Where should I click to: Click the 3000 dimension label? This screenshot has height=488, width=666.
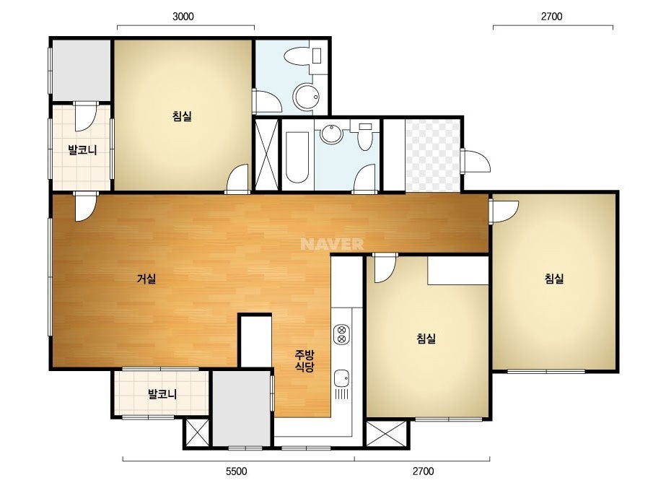click(x=183, y=17)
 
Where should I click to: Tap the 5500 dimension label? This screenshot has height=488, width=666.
click(x=236, y=471)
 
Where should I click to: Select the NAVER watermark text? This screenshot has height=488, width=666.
click(x=332, y=244)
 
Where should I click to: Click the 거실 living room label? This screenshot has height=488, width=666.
click(x=146, y=279)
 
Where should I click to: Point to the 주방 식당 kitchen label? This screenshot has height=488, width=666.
click(x=304, y=360)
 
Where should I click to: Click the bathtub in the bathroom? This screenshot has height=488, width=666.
click(x=297, y=157)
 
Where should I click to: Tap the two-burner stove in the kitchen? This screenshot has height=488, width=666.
click(x=341, y=334)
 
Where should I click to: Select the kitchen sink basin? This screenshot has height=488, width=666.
click(x=341, y=378)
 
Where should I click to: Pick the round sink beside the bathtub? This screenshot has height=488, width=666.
click(x=331, y=134)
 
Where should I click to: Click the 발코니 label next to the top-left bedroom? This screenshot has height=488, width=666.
click(x=82, y=149)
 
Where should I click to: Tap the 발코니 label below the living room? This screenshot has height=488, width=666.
click(x=162, y=394)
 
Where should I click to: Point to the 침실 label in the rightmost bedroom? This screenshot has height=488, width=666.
click(x=554, y=279)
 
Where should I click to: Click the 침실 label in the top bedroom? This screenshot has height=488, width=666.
click(x=183, y=116)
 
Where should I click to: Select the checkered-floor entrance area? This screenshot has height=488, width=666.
click(x=432, y=155)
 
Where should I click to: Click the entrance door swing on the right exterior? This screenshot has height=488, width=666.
click(x=476, y=160)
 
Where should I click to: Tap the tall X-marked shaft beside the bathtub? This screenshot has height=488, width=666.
click(x=266, y=154)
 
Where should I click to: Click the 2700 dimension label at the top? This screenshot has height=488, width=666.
click(x=552, y=17)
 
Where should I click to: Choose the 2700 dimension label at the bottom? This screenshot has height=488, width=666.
click(x=424, y=471)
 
